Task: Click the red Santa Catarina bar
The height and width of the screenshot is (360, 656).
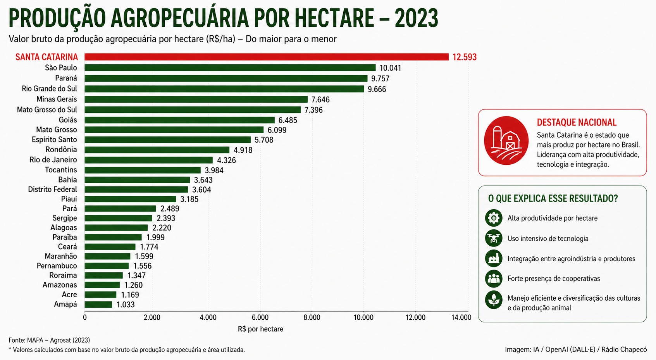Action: click(x=266, y=57)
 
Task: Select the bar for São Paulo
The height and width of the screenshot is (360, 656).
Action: click(x=230, y=68)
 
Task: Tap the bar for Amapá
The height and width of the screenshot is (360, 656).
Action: click(x=98, y=305)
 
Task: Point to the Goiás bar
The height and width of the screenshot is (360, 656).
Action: click(x=179, y=120)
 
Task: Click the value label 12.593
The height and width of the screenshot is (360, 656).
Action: click(x=464, y=57)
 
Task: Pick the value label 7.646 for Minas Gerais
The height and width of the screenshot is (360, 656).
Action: click(x=320, y=100)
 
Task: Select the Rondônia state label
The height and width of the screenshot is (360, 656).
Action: click(x=61, y=150)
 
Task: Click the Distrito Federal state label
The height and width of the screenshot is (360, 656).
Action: click(x=52, y=189)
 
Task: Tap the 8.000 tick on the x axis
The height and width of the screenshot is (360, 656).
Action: click(x=312, y=318)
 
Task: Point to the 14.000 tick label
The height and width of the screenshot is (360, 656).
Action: click(x=461, y=318)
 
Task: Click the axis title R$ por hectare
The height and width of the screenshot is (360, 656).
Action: click(x=260, y=329)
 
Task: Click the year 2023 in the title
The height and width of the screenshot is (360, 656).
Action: click(x=416, y=18)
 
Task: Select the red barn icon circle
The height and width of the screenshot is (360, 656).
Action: click(x=506, y=141)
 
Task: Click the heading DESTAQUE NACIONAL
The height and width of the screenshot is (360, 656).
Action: click(x=577, y=122)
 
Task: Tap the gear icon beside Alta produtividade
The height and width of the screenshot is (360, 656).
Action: click(x=494, y=218)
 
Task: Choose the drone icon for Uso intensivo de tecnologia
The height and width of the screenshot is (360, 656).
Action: click(x=494, y=238)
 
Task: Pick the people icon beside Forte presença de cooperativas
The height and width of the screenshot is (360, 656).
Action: click(x=494, y=278)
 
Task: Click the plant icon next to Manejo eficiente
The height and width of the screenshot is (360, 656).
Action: click(x=494, y=300)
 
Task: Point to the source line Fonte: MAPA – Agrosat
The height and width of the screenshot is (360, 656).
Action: click(x=49, y=340)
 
